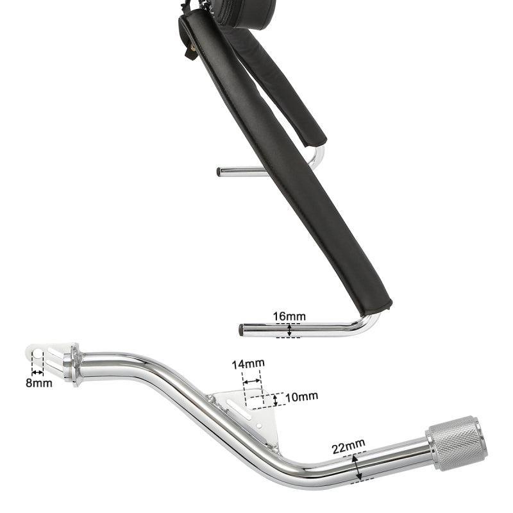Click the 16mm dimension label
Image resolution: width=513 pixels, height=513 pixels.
pos(289,316)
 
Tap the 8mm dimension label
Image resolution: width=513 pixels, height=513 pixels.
pos(39,383)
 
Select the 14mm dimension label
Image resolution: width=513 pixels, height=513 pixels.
pos(248,364)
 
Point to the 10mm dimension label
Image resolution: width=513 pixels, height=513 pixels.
pos(301,396)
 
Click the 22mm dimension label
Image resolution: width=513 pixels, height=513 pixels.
pos(349,446)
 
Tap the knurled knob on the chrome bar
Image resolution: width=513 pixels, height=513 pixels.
pos(457,443)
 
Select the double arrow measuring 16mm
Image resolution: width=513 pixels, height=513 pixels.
pos(289,330)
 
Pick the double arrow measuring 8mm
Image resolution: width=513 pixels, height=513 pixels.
pos(38,373)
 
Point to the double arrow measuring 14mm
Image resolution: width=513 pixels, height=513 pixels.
pos(253,381)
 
